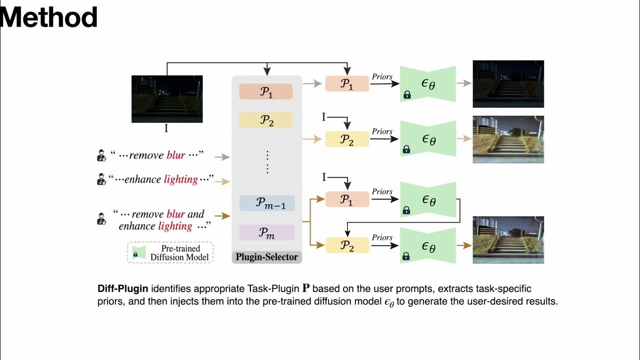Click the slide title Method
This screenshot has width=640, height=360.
[48, 17]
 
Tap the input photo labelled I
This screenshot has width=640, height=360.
[167, 98]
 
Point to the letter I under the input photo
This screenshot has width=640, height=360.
[166, 128]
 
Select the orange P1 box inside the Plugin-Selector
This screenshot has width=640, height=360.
[265, 91]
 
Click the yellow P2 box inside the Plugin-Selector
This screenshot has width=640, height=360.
[265, 120]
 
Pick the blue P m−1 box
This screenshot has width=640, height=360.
[267, 202]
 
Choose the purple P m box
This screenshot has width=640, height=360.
[267, 232]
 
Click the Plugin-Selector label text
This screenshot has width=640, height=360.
[267, 257]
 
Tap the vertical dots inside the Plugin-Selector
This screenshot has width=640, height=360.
[267, 162]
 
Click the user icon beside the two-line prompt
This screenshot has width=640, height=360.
[101, 218]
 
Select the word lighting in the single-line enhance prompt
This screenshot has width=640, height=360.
[180, 179]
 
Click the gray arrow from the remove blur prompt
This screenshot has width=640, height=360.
[221, 156]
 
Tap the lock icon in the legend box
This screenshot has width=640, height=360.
[135, 254]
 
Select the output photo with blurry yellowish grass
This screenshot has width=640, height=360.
[508, 139]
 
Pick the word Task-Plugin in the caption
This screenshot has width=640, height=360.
[273, 289]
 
